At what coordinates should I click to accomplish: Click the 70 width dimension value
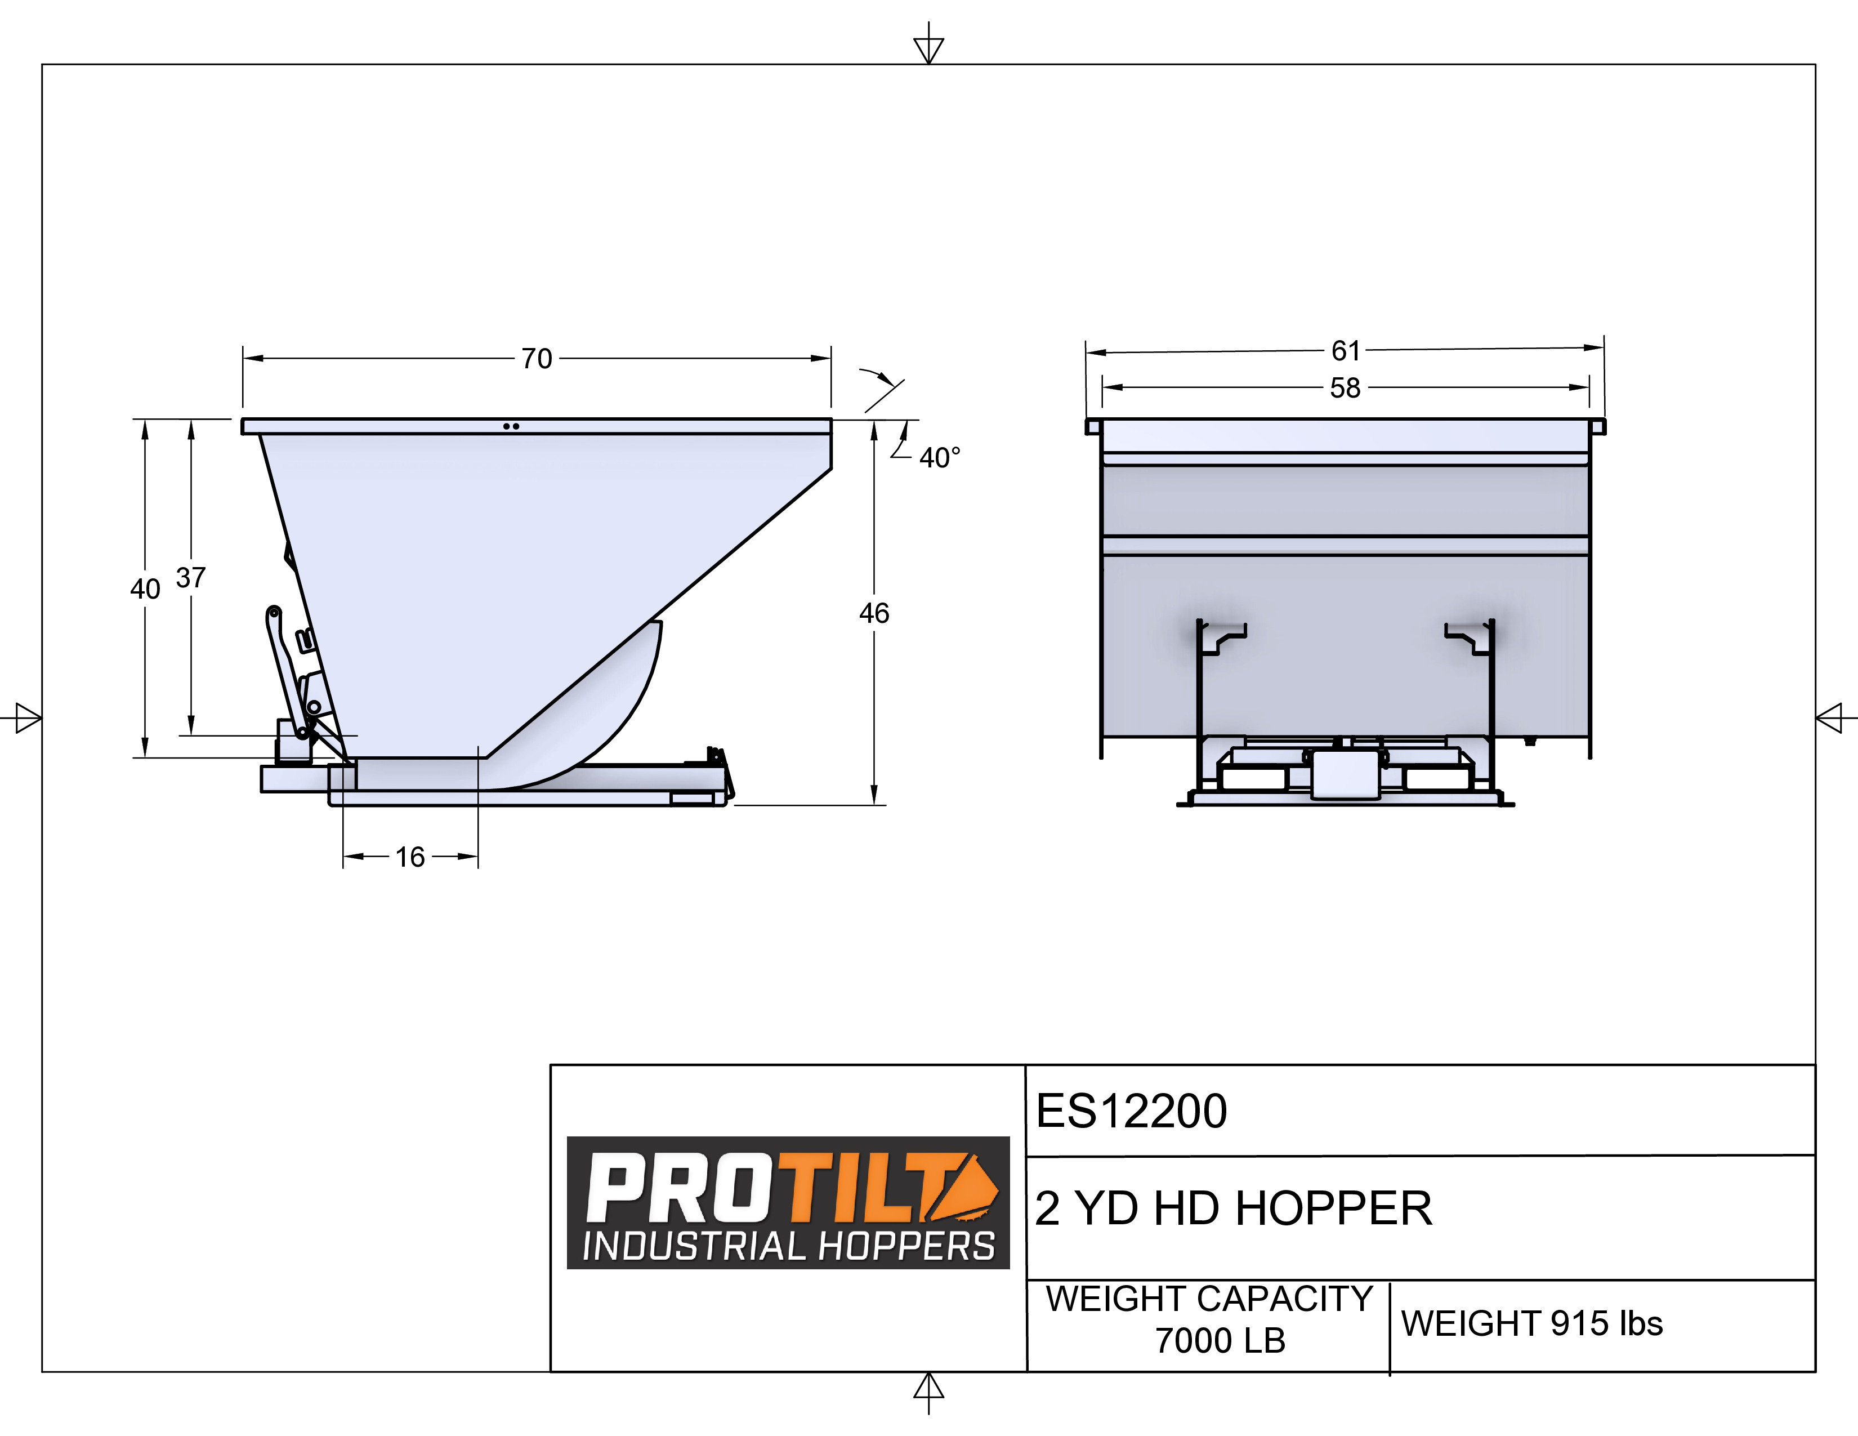[537, 359]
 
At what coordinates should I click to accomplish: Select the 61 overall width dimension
[1346, 350]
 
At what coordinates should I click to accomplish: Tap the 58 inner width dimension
[1345, 388]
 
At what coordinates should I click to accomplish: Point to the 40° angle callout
[939, 458]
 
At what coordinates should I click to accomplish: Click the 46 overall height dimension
[874, 613]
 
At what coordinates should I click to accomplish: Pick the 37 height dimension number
[190, 578]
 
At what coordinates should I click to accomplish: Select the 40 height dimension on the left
[145, 588]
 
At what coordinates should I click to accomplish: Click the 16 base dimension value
[410, 857]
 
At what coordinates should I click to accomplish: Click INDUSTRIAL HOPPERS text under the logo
[788, 1246]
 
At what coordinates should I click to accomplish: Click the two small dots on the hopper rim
[511, 426]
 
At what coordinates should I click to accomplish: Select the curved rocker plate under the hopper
[596, 723]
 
